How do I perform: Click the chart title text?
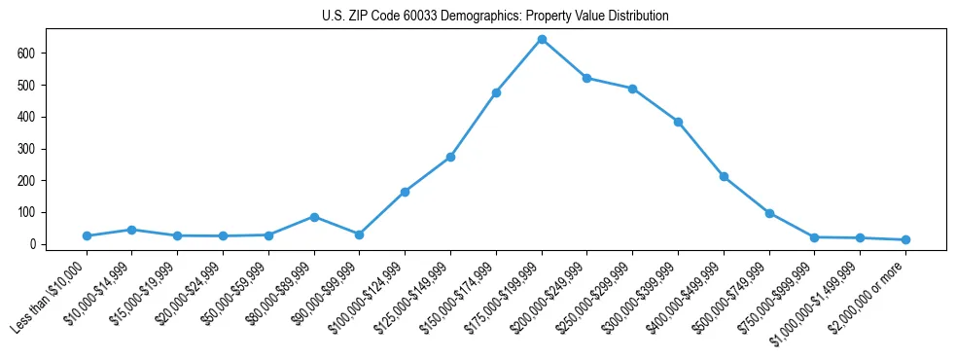point(495,17)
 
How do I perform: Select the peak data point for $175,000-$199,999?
point(542,40)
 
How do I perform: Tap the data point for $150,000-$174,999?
point(496,92)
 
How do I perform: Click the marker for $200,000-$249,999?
point(587,78)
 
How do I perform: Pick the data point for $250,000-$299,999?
point(632,89)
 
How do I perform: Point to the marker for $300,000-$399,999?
point(678,122)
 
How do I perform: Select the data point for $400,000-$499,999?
point(724,176)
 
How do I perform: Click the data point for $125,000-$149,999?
point(450,157)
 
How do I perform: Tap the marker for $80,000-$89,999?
point(314,217)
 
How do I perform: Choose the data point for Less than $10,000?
point(87,235)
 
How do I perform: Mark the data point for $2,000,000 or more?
point(905,239)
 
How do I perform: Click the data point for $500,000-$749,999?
point(769,213)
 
